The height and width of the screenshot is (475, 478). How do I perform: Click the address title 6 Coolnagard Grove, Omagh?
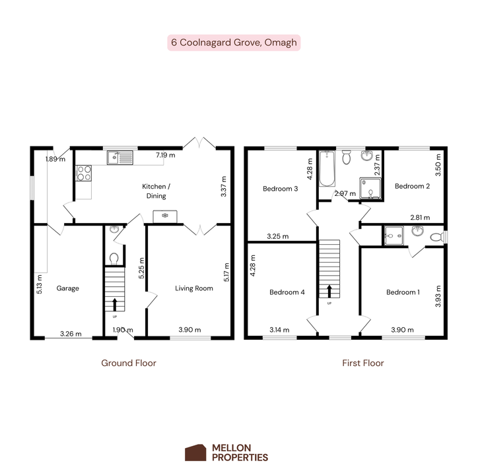point(234,42)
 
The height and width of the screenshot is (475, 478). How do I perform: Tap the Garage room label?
point(68,288)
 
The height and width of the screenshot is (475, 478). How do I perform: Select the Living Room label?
point(194,288)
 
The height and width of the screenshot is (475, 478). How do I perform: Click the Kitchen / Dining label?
point(156,191)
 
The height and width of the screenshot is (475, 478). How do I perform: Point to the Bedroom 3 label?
point(280,189)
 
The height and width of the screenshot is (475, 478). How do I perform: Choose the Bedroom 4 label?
point(287,292)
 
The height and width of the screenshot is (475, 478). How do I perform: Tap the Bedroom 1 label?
point(403,292)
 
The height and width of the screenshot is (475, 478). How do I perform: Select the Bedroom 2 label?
point(412,186)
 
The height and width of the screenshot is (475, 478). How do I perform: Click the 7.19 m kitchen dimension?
point(166,155)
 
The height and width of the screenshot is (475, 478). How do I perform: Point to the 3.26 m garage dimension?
point(71,334)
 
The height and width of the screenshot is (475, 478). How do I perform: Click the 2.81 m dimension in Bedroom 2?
point(420,217)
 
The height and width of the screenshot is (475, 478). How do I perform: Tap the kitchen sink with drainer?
point(120,158)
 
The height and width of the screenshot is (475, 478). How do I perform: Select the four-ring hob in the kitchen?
point(84,173)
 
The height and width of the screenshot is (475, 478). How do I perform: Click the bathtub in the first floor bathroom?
point(327,168)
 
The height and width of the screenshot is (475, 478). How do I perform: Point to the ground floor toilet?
point(114,259)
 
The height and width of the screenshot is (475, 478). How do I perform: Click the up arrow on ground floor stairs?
point(115,304)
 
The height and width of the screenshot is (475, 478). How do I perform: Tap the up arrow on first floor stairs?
point(329,292)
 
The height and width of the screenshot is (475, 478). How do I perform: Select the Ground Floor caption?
point(129,363)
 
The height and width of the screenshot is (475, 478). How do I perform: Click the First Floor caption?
point(362,363)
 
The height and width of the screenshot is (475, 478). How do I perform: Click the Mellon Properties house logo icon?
point(195,453)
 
